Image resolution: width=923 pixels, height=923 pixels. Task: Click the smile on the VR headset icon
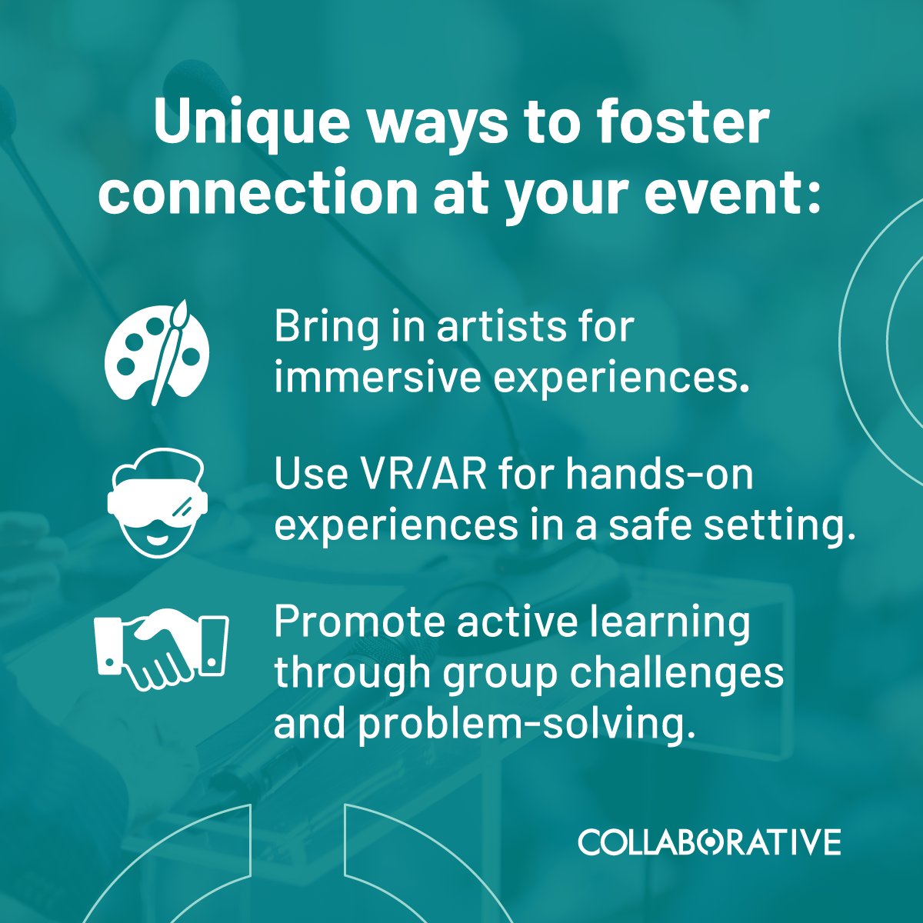pyautogui.click(x=158, y=533)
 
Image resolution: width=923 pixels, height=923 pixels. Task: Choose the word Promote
pyautogui.click(x=358, y=622)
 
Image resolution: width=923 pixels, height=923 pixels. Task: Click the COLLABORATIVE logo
pyautogui.click(x=709, y=841)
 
